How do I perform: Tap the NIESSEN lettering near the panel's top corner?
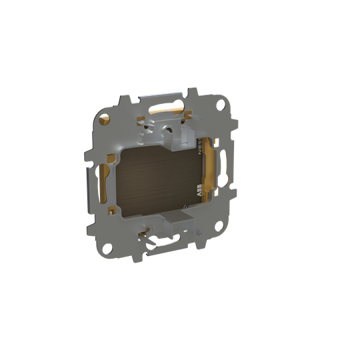pyautogui.click(x=202, y=150)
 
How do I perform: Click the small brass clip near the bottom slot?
pyautogui.click(x=143, y=233)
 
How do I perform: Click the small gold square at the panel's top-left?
pyautogui.click(x=141, y=123)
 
